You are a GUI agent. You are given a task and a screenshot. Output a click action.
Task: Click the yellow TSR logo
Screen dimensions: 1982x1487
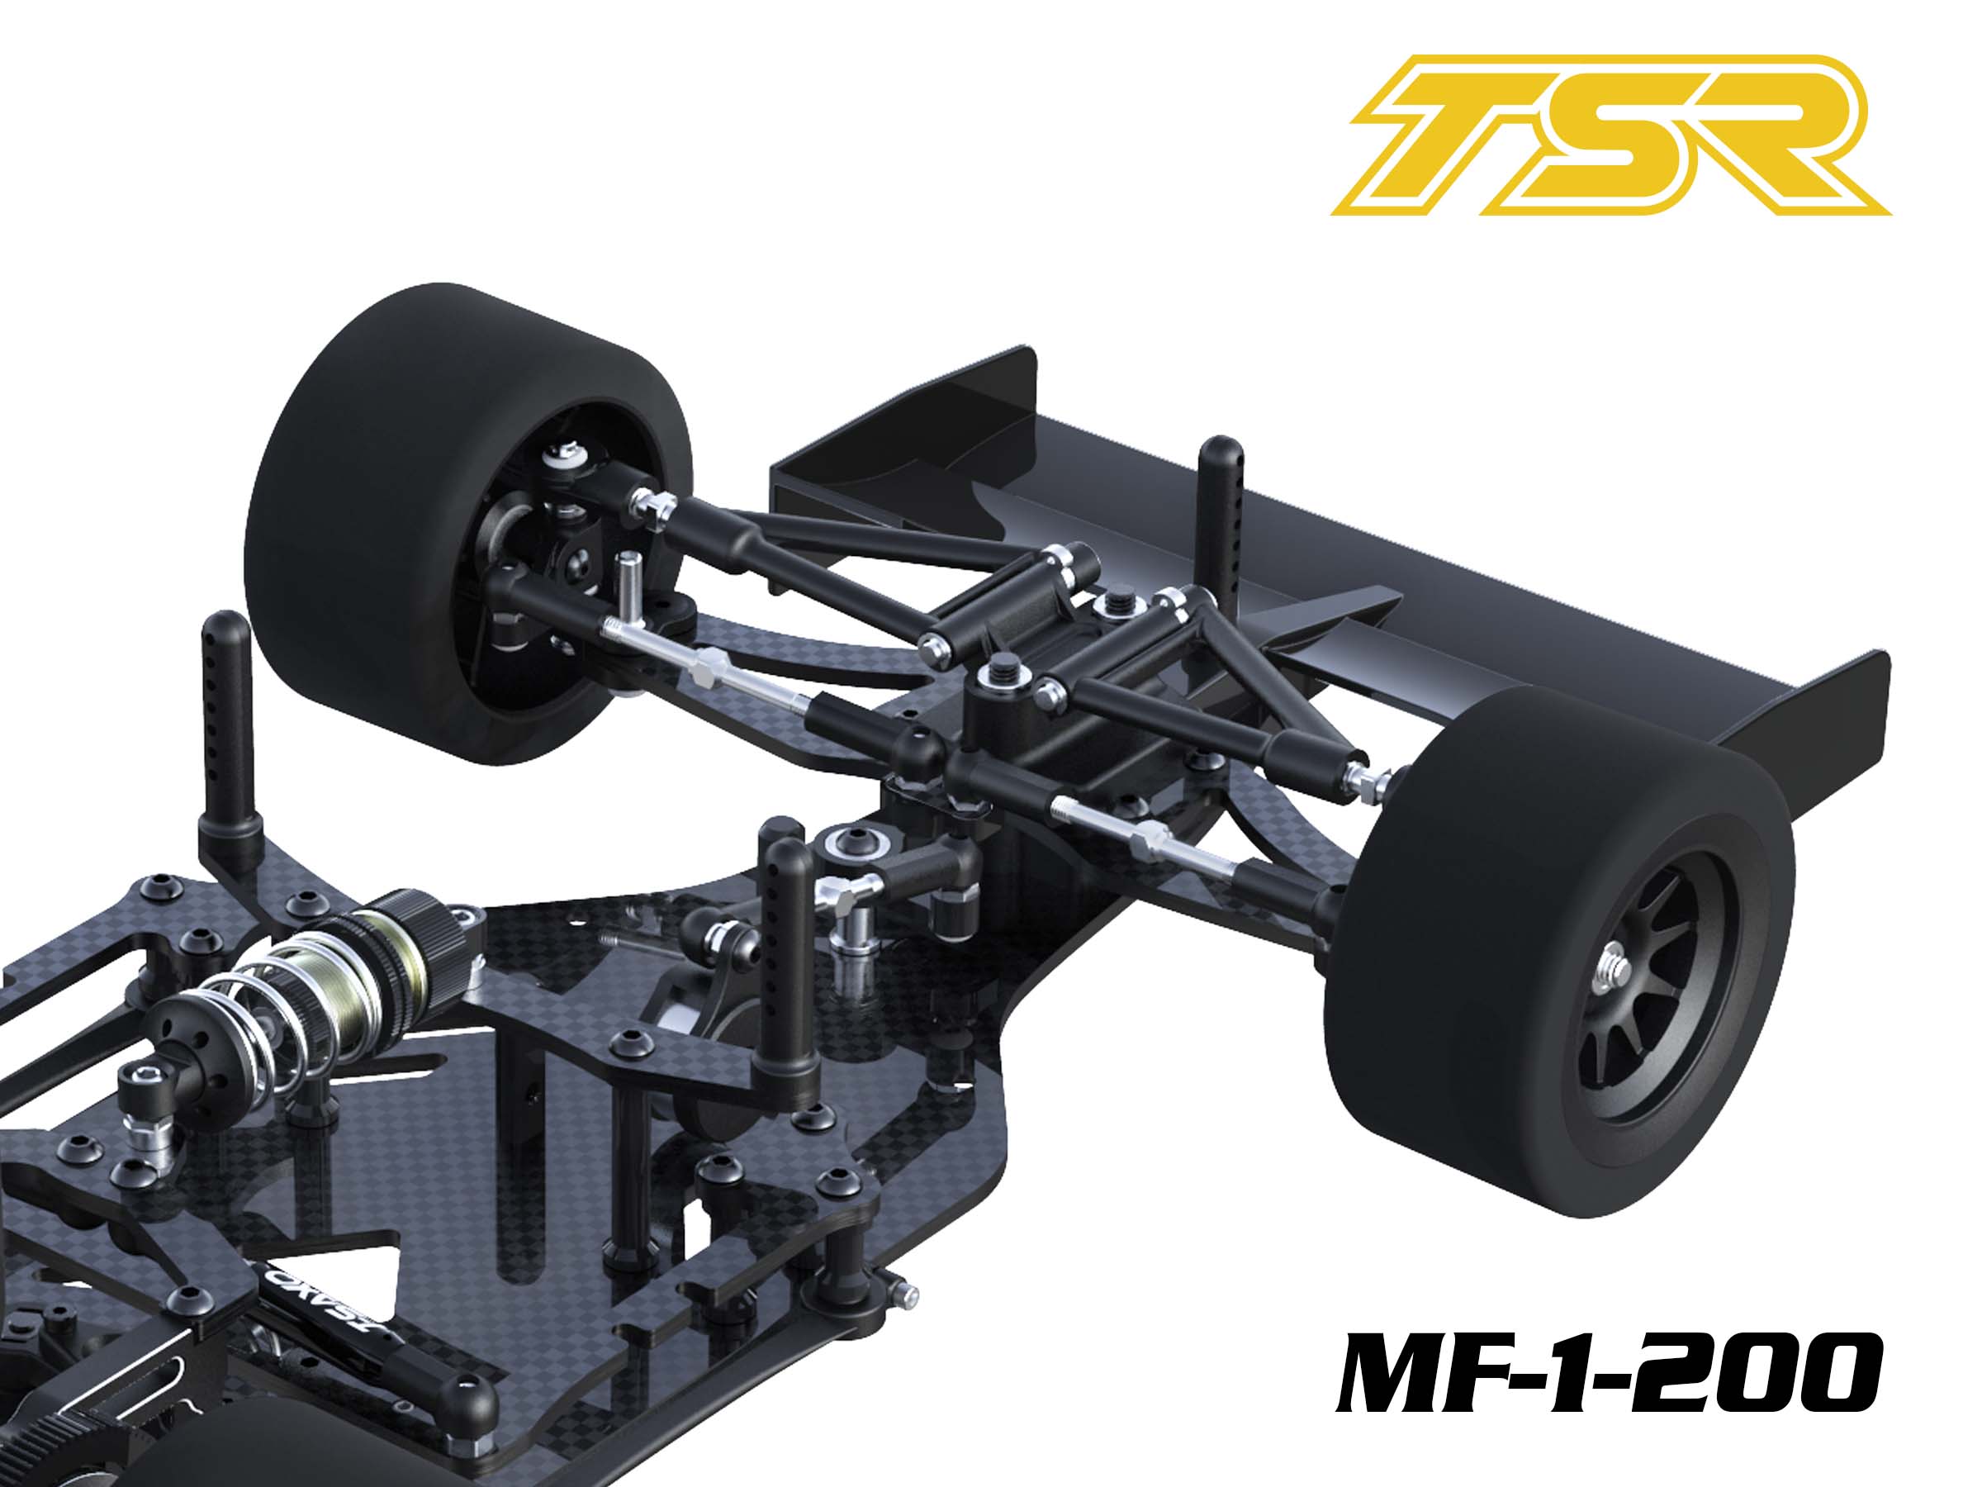(1610, 135)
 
